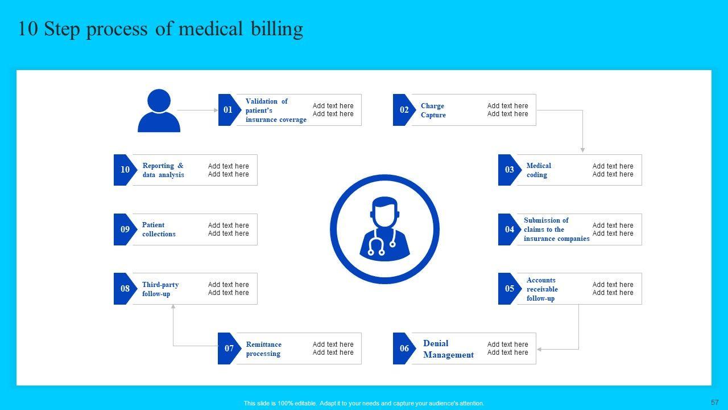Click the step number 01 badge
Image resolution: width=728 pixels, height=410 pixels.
click(x=227, y=110)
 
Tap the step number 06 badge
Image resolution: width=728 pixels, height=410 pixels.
click(x=404, y=348)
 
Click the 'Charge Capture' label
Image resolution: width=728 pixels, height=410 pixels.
click(x=433, y=110)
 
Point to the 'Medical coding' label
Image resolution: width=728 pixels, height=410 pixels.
click(x=539, y=170)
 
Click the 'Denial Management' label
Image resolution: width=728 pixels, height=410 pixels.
click(x=448, y=349)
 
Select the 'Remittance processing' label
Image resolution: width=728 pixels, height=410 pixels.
click(x=263, y=349)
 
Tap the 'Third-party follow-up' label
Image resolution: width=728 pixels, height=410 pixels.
click(x=160, y=289)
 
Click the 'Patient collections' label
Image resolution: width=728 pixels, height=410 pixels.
click(x=159, y=229)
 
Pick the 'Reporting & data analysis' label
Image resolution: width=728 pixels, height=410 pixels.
click(x=163, y=170)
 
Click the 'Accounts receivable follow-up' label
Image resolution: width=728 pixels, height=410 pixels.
click(x=542, y=289)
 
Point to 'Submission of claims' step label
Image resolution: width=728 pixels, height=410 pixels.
click(x=556, y=229)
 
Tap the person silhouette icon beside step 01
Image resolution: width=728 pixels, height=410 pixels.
click(x=159, y=111)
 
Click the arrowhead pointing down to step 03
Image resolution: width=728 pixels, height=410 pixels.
click(x=582, y=150)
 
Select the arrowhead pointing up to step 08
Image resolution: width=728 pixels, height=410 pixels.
click(x=173, y=307)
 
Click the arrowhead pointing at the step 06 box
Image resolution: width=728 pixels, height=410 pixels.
click(x=539, y=349)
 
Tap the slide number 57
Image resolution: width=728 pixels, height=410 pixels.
click(x=715, y=402)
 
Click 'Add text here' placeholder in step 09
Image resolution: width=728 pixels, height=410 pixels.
click(x=228, y=229)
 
